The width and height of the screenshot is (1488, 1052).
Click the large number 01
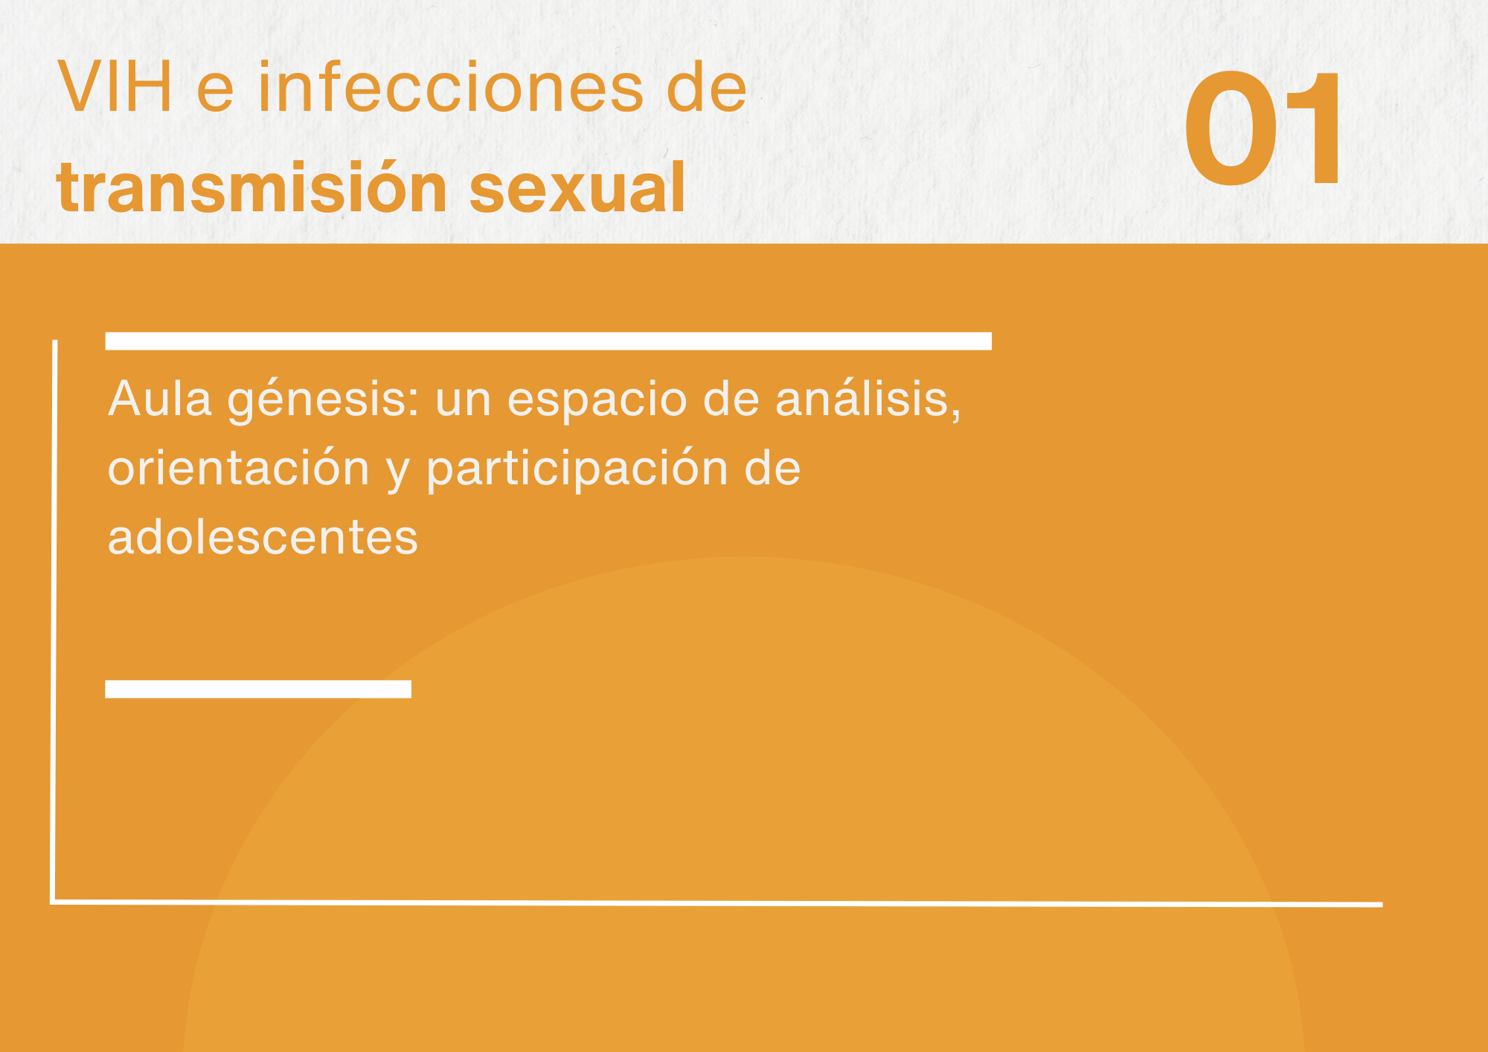pyautogui.click(x=1263, y=128)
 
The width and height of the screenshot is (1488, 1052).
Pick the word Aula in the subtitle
pyautogui.click(x=161, y=399)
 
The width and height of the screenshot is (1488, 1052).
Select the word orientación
pyautogui.click(x=239, y=468)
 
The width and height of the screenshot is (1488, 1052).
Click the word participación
pyautogui.click(x=577, y=469)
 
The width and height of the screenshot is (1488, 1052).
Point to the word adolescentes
pyautogui.click(x=263, y=536)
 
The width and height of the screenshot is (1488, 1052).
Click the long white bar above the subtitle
pyautogui.click(x=548, y=341)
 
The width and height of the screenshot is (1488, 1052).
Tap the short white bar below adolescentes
pyautogui.click(x=258, y=689)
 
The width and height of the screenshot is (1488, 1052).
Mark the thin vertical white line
pyautogui.click(x=54, y=621)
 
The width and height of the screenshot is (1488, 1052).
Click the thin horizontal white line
pyautogui.click(x=716, y=903)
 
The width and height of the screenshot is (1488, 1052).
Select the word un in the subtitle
pyautogui.click(x=464, y=402)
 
